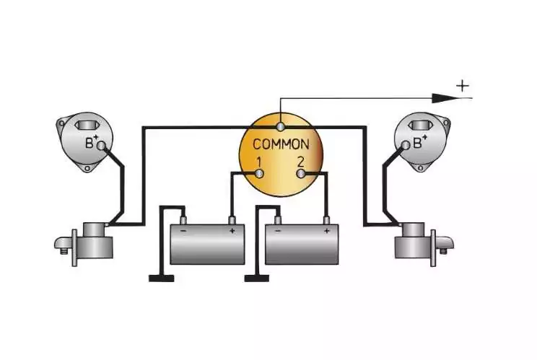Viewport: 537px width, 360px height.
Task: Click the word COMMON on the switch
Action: tap(281, 144)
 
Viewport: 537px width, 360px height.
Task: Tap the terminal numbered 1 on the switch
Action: tap(260, 174)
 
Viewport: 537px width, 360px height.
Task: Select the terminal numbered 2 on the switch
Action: tap(301, 174)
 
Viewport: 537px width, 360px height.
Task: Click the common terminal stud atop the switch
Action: tap(281, 127)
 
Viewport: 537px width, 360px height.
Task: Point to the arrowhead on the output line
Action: tap(445, 99)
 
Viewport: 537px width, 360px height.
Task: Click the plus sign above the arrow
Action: tap(463, 86)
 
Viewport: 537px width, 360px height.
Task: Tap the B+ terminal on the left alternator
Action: tap(101, 146)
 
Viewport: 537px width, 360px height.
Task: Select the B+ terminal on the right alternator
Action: tap(406, 145)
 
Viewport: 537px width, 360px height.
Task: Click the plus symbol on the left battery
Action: tap(232, 231)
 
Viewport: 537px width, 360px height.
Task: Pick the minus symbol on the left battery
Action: tap(183, 231)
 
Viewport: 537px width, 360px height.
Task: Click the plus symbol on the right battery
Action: tap(326, 231)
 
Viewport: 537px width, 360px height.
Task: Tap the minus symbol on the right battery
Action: tap(278, 231)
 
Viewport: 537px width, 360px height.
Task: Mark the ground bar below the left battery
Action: tap(161, 278)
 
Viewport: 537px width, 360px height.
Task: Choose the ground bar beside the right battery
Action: tap(257, 278)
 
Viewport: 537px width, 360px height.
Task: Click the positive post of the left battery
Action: tap(232, 220)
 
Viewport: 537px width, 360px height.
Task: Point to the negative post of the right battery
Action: tap(278, 220)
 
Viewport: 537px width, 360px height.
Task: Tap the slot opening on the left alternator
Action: tap(87, 126)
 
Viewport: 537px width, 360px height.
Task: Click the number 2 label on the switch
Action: tap(301, 162)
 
